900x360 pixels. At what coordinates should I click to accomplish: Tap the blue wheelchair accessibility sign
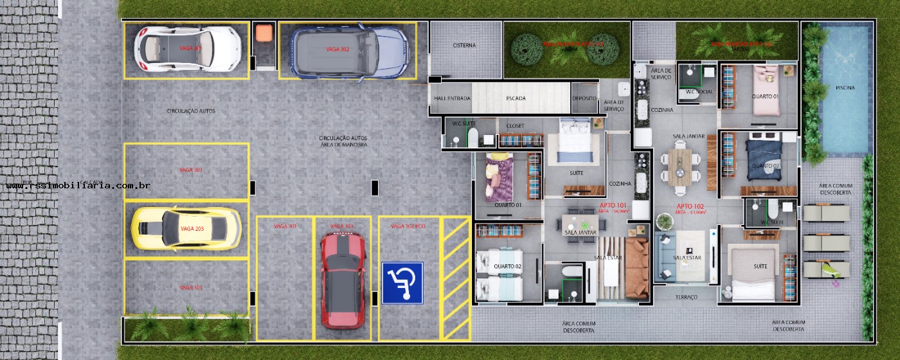[402, 283]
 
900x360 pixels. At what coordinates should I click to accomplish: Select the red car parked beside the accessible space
[343, 280]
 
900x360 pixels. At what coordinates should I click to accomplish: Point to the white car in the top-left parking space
[187, 49]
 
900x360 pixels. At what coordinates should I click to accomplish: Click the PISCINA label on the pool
[845, 88]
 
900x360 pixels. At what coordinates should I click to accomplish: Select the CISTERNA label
[464, 46]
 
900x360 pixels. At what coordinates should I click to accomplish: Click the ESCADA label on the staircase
[516, 98]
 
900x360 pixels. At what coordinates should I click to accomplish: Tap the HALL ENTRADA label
[453, 98]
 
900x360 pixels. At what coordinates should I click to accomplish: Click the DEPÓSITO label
[585, 98]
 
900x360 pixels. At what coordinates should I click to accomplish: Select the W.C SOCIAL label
[698, 92]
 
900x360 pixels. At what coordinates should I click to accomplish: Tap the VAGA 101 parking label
[191, 287]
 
